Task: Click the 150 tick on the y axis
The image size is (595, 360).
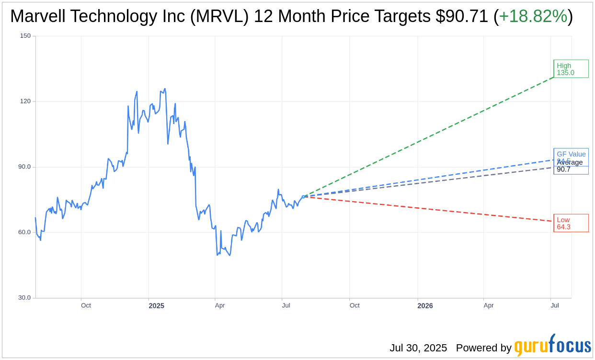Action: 25,36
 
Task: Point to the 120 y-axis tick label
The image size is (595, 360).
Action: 25,101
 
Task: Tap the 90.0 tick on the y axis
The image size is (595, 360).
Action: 24,167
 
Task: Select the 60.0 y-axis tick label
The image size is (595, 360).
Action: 24,232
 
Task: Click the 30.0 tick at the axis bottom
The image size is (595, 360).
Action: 24,298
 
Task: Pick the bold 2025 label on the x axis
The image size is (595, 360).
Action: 156,306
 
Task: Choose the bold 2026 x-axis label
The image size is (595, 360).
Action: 425,306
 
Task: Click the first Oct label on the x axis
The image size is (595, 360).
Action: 86,305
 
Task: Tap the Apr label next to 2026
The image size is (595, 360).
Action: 488,305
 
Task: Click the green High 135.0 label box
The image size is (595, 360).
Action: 571,69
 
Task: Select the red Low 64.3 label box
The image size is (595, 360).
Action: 571,223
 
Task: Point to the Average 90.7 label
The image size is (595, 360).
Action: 570,166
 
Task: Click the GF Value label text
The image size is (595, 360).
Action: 571,154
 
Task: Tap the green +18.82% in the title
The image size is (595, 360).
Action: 533,17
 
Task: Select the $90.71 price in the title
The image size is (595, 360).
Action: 462,17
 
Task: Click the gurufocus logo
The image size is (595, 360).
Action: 552,345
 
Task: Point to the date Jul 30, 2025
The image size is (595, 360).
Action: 418,348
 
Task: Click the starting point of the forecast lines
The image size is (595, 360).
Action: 303,196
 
